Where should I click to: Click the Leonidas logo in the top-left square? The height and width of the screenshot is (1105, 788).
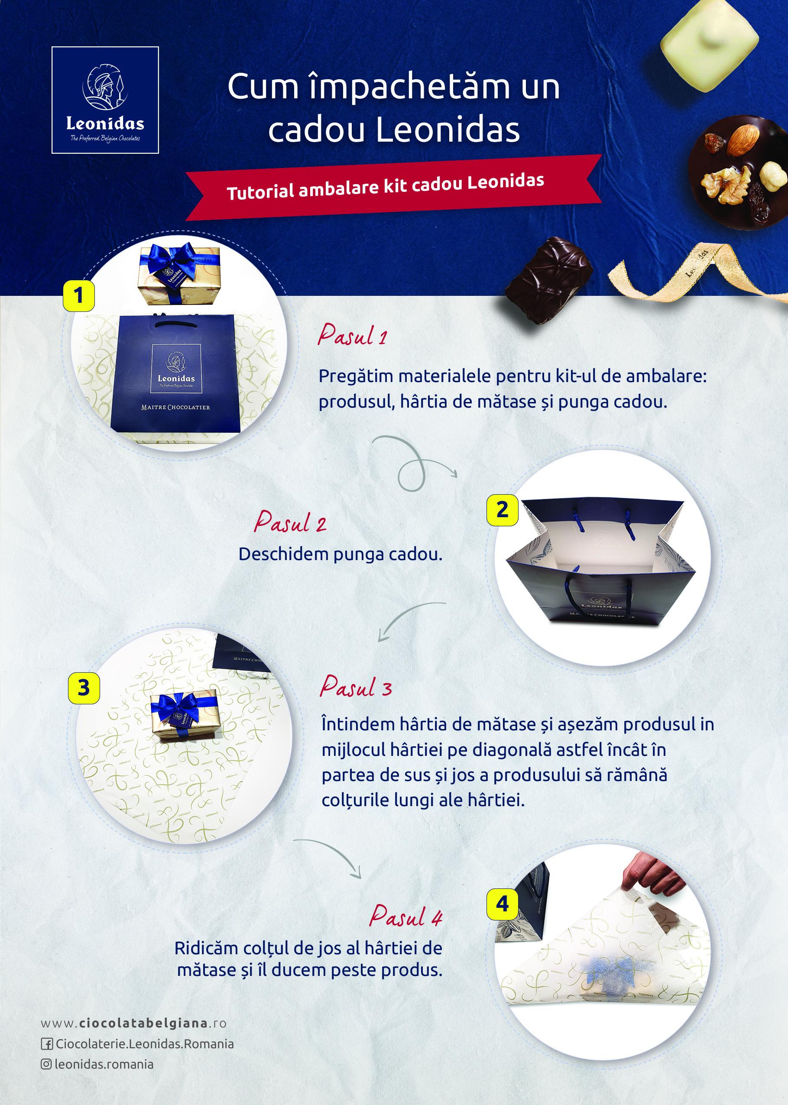(105, 100)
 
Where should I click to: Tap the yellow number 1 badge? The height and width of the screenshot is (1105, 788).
(78, 295)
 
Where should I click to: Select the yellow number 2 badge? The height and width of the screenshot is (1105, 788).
(502, 510)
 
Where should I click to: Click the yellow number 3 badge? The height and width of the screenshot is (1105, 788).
(84, 688)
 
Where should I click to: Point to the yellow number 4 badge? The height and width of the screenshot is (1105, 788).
(502, 904)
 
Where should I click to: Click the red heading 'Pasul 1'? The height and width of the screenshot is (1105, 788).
(353, 335)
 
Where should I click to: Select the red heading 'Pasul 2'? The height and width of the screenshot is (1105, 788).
(290, 522)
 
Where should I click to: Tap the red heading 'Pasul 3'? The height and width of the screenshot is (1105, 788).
(356, 687)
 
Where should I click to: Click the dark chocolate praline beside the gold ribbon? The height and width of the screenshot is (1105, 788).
(549, 280)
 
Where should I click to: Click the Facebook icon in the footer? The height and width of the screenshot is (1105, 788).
(47, 1044)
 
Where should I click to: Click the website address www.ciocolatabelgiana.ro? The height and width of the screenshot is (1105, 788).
(133, 1023)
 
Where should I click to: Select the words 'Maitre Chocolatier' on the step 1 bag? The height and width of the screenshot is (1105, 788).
(175, 408)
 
